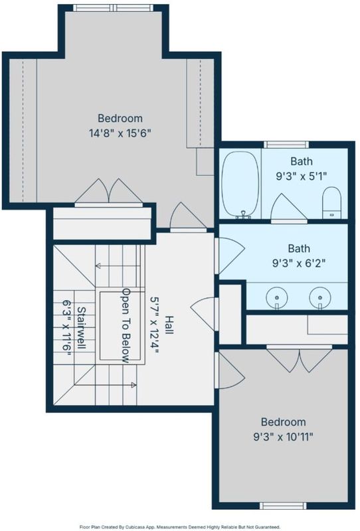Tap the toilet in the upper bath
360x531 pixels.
click(x=331, y=202)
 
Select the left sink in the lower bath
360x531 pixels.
click(x=277, y=298)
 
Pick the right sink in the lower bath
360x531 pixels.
click(x=320, y=298)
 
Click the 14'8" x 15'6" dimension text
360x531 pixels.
click(x=120, y=133)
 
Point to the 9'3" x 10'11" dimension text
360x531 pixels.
click(x=283, y=437)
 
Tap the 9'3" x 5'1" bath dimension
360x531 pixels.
click(x=301, y=176)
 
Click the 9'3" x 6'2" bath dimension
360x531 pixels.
click(x=299, y=263)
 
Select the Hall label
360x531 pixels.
click(x=169, y=325)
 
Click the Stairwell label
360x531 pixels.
click(x=82, y=328)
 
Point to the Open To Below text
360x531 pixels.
click(x=126, y=325)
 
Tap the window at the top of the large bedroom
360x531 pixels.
click(x=114, y=8)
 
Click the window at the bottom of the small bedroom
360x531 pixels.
click(x=283, y=506)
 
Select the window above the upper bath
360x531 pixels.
click(x=286, y=145)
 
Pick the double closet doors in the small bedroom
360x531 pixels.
click(x=299, y=359)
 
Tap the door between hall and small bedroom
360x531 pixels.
click(x=229, y=370)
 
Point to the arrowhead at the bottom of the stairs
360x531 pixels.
click(x=134, y=385)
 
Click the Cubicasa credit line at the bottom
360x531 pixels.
click(x=180, y=527)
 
